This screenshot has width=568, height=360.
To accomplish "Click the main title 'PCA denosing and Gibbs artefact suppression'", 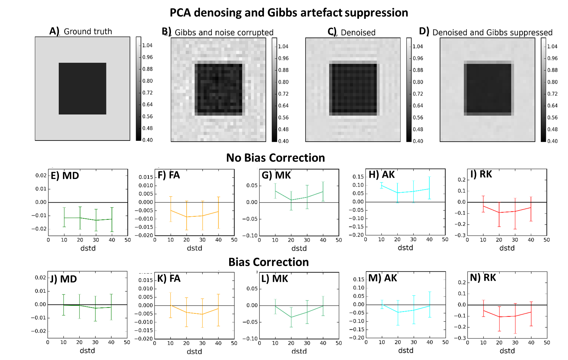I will click(289, 13).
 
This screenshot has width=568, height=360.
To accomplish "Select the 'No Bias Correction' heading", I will click(275, 158).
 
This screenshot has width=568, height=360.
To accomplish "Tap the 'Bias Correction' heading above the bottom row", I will click(268, 262).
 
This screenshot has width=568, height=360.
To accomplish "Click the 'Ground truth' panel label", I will click(88, 32).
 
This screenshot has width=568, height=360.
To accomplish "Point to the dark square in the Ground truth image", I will click(82, 88).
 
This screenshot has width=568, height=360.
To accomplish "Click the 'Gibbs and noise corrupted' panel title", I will click(224, 33).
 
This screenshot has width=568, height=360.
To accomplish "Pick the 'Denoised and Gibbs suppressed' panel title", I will click(492, 33).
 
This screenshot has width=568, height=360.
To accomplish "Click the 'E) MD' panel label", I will click(65, 176).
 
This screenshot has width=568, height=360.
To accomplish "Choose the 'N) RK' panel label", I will click(483, 278).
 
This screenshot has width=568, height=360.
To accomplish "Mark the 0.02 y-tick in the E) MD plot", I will click(41, 175).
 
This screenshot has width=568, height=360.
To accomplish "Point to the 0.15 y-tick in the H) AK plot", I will click(358, 177).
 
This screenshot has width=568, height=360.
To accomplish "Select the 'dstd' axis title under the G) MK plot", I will click(299, 248).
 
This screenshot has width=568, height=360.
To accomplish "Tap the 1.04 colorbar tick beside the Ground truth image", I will click(147, 46).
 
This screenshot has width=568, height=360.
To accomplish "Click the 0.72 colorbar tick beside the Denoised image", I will click(418, 94).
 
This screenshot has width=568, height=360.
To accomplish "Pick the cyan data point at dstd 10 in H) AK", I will click(381, 185).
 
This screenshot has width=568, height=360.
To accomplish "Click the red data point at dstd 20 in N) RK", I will click(499, 317).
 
